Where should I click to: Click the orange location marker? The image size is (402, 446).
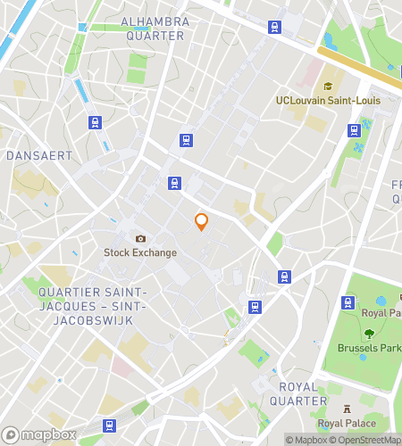coord(202,221)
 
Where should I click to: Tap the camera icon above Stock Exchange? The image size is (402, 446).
coord(140,238)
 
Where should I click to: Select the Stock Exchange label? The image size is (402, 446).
coord(140,252)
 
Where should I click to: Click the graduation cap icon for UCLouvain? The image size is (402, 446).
coord(328,87)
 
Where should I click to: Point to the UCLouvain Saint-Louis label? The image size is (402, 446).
coord(328,101)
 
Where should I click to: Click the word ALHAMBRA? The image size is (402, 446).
coord(155,21)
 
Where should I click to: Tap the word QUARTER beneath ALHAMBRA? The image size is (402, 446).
coord(155,36)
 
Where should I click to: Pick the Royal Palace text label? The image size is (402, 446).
coord(347,423)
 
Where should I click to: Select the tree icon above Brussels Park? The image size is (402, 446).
coord(368,333)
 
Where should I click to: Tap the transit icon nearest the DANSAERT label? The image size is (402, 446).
coord(93,122)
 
